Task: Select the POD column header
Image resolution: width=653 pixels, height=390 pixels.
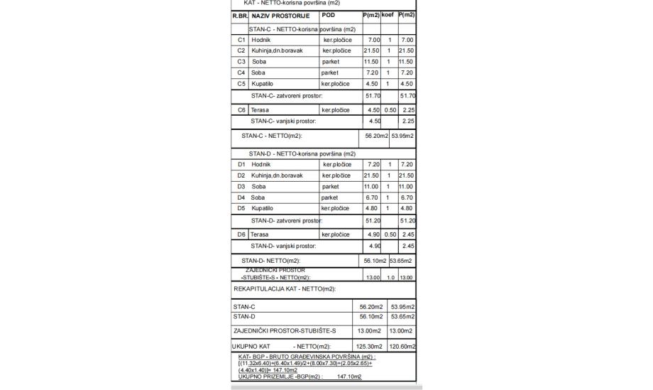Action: coord(329,15)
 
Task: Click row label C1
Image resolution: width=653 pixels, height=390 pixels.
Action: coord(241,40)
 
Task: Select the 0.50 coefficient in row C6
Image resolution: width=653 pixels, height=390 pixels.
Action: coord(389,110)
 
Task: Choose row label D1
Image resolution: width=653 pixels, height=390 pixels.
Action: coord(241,164)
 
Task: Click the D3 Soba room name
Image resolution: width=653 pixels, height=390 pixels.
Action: coord(259,186)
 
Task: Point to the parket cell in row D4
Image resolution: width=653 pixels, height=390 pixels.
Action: coord(330,197)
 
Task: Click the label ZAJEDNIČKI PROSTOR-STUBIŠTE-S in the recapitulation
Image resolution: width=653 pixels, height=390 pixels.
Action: coord(284,330)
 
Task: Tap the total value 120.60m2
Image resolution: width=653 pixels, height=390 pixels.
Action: coord(402,346)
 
